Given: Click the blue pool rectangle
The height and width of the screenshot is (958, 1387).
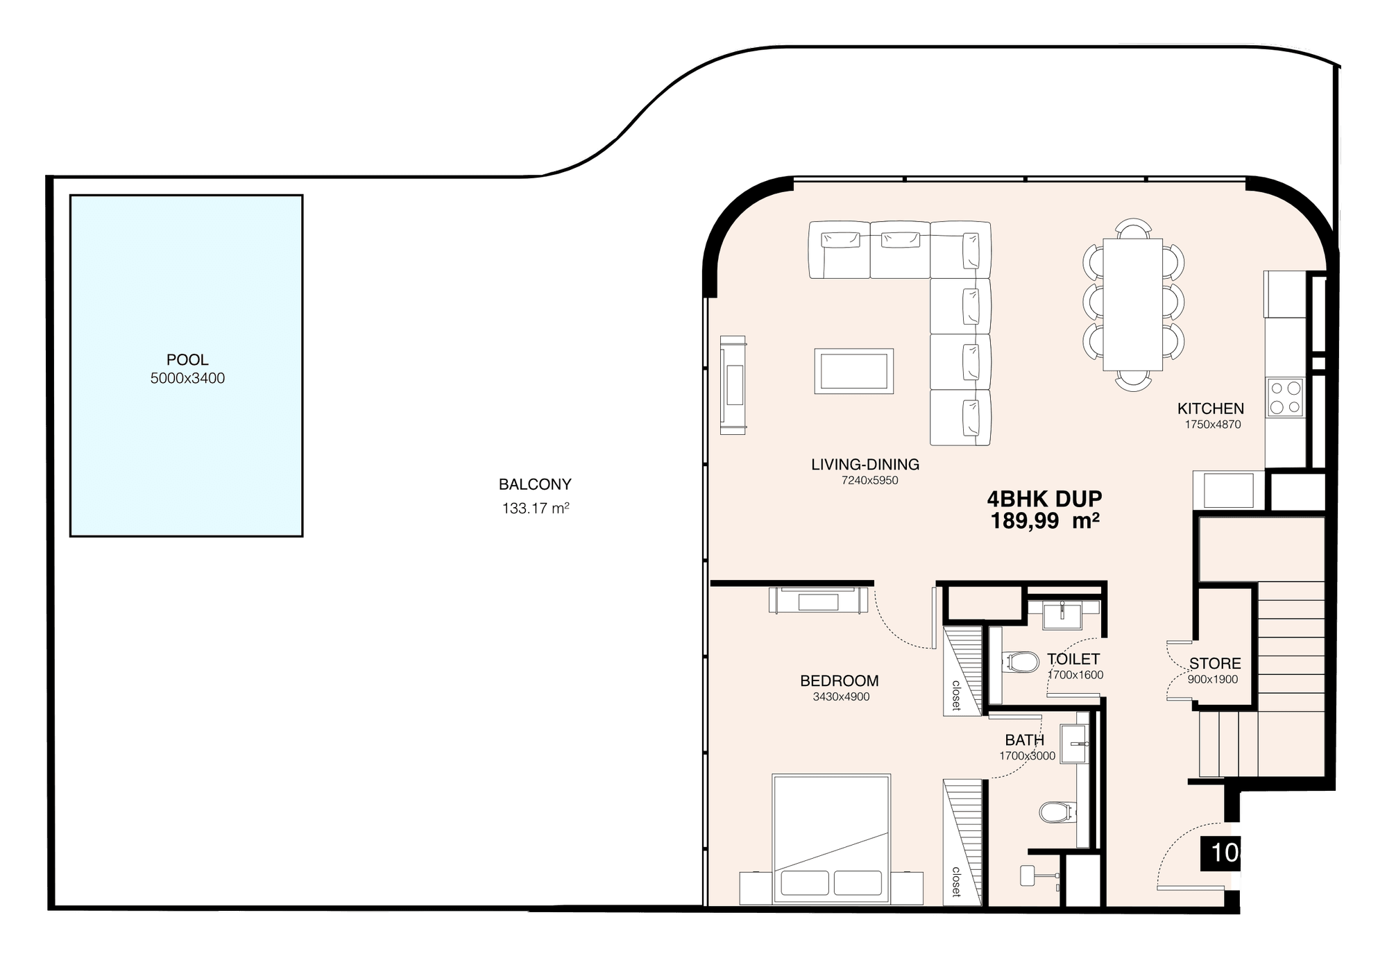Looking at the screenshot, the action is coord(186,366).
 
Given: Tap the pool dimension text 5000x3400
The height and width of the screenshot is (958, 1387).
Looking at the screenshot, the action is coord(187,379).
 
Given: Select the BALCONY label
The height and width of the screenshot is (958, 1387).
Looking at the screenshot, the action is coord(535,484).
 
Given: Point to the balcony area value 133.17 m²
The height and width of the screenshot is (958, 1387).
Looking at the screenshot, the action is coord(536,508).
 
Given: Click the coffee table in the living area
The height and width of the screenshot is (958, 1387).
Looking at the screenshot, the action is coord(853,371).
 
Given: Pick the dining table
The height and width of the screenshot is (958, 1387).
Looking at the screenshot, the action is coord(1132,305).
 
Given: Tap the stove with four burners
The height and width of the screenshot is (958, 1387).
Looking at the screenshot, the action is coord(1285,397).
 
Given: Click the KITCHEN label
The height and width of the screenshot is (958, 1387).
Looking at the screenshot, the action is coord(1211,409).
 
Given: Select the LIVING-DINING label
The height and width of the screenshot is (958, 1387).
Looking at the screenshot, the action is coord(865,464).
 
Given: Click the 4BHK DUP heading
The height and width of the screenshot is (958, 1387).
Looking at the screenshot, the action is coord(1044,499).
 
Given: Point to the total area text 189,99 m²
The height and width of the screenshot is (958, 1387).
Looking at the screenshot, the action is coord(1044,521).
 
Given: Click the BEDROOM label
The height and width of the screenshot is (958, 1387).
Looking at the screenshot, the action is coord(839,681).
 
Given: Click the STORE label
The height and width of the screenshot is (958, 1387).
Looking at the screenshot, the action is coord(1215,664).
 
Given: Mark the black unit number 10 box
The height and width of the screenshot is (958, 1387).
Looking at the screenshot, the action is coord(1220,853).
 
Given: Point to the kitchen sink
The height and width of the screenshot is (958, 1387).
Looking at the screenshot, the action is coord(1228,490).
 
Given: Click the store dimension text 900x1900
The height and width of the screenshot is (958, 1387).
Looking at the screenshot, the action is coord(1213,680).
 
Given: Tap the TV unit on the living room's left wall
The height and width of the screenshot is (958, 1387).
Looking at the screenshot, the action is coord(733,385).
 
